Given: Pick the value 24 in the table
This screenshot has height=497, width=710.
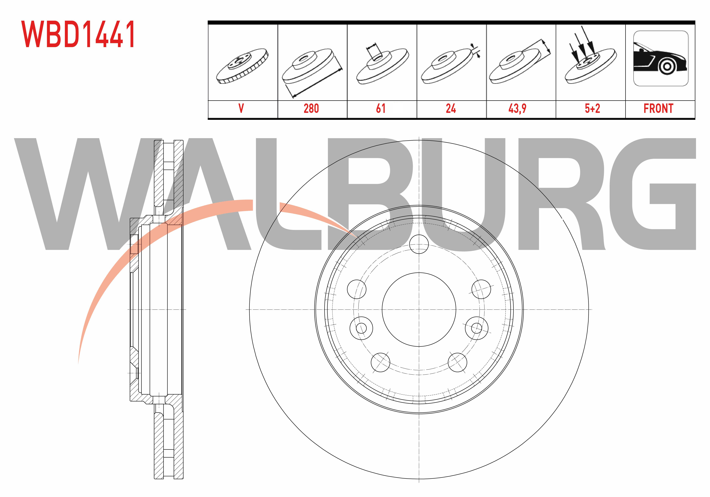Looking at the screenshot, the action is [x=451, y=109].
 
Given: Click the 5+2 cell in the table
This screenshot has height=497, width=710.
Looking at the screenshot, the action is [x=592, y=109].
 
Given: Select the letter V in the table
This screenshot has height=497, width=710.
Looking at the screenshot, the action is [x=241, y=109].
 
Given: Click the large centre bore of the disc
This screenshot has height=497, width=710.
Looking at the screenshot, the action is [x=419, y=310].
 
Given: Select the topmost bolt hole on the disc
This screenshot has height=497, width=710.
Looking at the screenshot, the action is [x=419, y=244].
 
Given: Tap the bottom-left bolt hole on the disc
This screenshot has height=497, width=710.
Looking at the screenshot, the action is [x=380, y=362].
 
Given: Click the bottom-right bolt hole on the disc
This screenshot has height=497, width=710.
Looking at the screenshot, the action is [x=457, y=362].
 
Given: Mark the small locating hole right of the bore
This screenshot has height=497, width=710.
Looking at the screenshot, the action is [x=477, y=328].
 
